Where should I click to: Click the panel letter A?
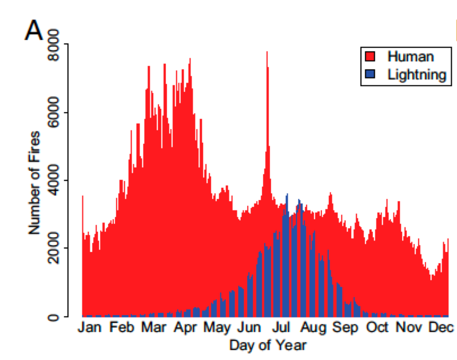pyautogui.click(x=34, y=31)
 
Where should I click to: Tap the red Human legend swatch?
pyautogui.click(x=370, y=57)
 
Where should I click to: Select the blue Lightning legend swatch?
pyautogui.click(x=370, y=74)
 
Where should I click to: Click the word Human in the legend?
pyautogui.click(x=410, y=57)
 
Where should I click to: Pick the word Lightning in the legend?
pyautogui.click(x=417, y=75)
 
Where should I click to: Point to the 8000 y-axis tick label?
pyautogui.click(x=54, y=45)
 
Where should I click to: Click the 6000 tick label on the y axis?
pyautogui.click(x=54, y=112)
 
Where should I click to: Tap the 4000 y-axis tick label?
pyautogui.click(x=54, y=180)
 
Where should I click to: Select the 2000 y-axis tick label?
pyautogui.click(x=54, y=248)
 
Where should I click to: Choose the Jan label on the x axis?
pyautogui.click(x=89, y=327)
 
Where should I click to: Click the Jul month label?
pyautogui.click(x=281, y=327)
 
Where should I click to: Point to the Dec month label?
pyautogui.click(x=441, y=327)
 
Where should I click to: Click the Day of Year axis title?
pyautogui.click(x=268, y=345)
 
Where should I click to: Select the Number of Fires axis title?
pyautogui.click(x=34, y=183)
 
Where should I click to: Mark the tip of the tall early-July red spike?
pyautogui.click(x=267, y=52)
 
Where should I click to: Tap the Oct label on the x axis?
pyautogui.click(x=377, y=327)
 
